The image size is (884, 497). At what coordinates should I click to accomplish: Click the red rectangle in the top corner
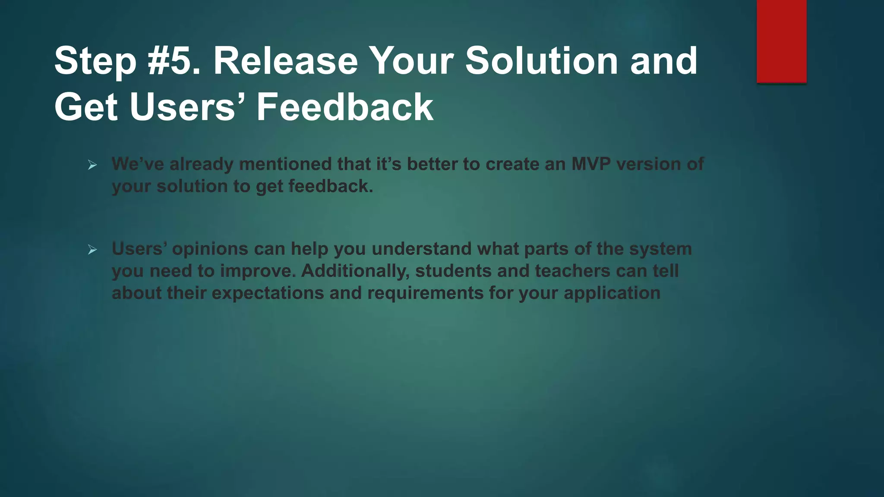781,41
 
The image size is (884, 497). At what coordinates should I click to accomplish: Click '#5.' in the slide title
174,61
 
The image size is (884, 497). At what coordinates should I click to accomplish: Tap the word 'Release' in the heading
285,61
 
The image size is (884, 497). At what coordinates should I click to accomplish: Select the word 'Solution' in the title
541,61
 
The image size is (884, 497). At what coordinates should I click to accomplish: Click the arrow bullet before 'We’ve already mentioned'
92,165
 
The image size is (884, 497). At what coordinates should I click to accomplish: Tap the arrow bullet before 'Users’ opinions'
92,249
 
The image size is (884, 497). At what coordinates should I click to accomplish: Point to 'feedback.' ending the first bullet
331,186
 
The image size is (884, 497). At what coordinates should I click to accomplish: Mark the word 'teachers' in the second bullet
572,271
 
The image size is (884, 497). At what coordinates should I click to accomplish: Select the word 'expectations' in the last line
268,293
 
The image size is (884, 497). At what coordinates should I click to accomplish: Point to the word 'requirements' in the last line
425,293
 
